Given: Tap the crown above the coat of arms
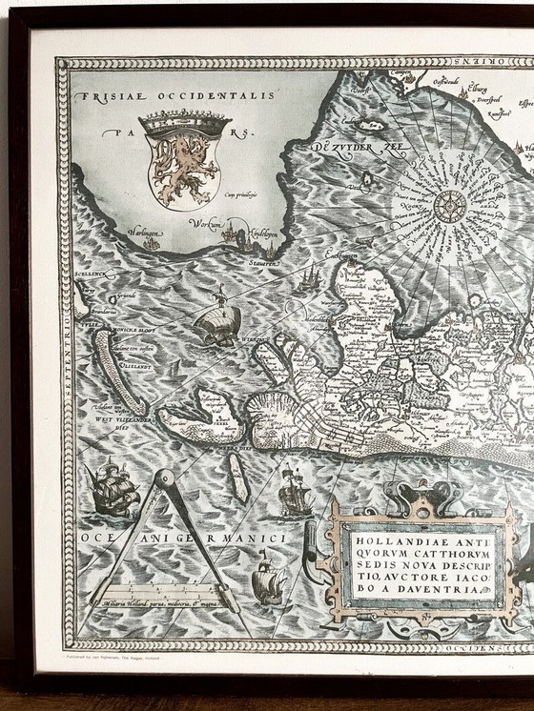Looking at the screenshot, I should (x=185, y=124).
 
